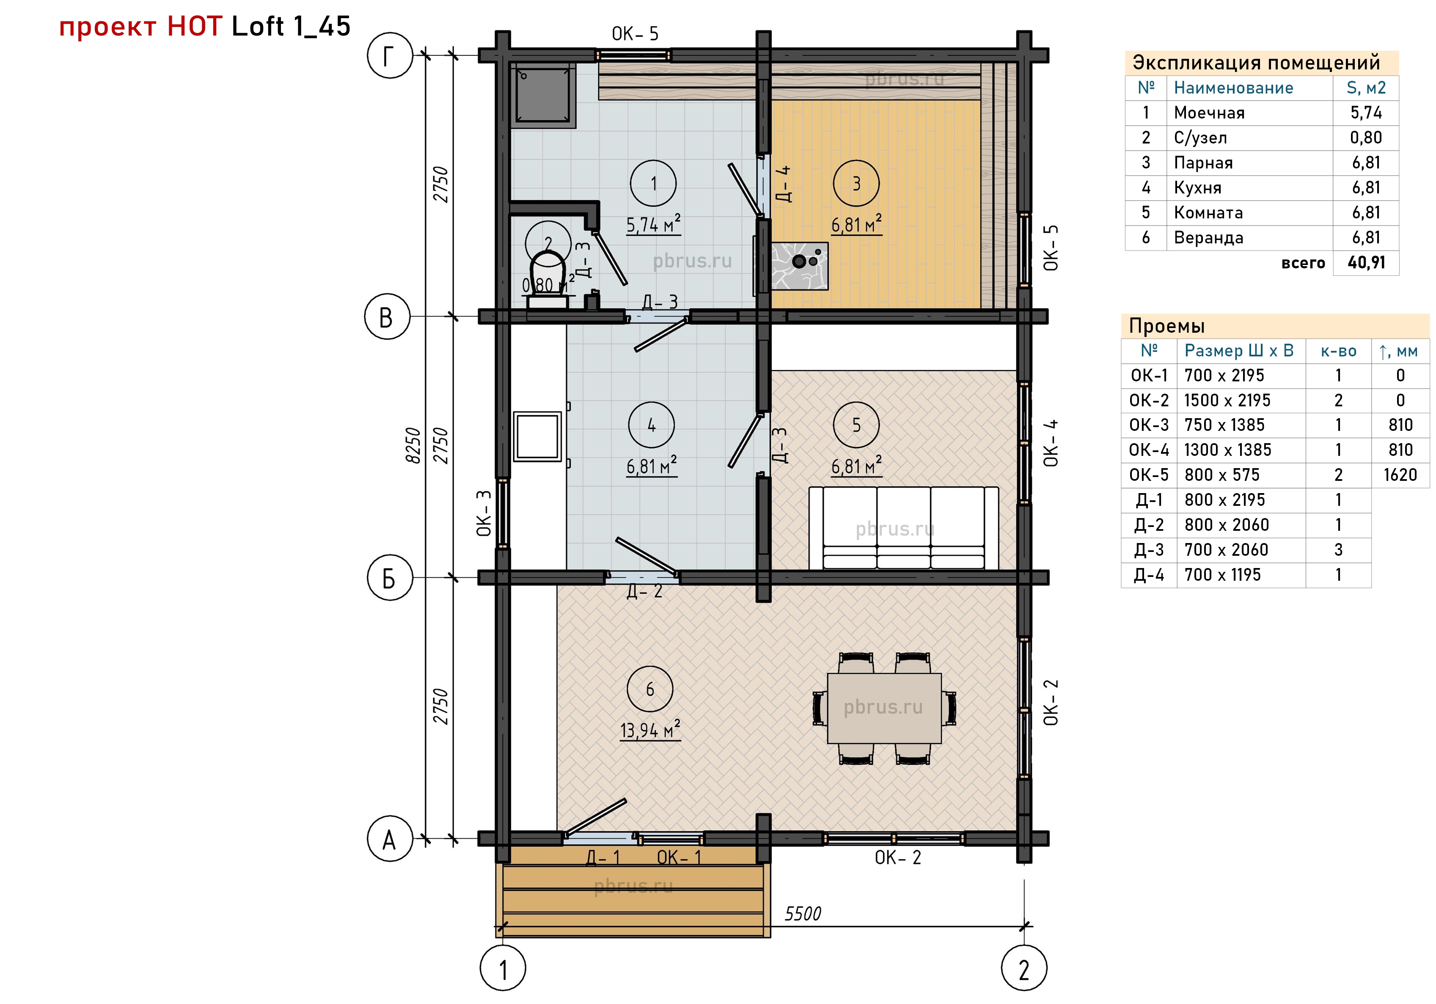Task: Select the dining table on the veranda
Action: (x=884, y=708)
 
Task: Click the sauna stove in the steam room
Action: (x=799, y=266)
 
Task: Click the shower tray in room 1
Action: (x=543, y=95)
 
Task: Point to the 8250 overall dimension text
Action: (x=413, y=445)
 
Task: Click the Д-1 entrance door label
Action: (x=603, y=858)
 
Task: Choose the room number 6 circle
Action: (x=650, y=690)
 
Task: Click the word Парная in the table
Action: (x=1203, y=163)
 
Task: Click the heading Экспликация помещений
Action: (x=1257, y=63)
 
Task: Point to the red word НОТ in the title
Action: (x=195, y=26)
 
